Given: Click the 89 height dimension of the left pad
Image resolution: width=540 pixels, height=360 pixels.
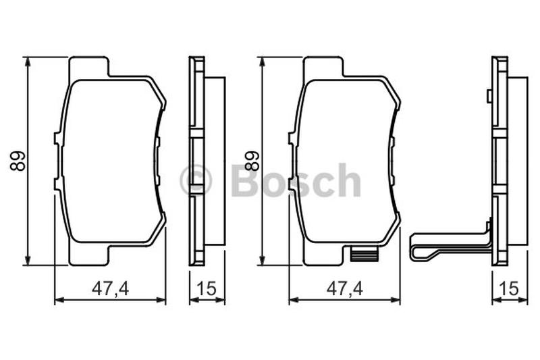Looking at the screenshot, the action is coord(18,161).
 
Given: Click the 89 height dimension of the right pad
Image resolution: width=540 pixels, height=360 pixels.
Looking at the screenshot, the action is coord(252,161).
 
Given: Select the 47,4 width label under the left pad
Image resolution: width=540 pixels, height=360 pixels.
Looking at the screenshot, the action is coord(110,288).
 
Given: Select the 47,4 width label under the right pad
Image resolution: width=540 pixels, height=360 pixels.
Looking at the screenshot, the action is coord(344,288).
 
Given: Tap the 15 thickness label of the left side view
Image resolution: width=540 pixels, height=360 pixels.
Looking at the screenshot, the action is coord(207,288).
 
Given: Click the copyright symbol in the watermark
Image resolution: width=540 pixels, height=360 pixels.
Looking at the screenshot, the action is coord(196,180).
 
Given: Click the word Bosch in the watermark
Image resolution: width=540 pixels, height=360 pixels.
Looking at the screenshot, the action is coord(296,180).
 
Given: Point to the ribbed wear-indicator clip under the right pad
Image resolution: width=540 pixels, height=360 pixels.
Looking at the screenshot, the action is coord(364,255).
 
